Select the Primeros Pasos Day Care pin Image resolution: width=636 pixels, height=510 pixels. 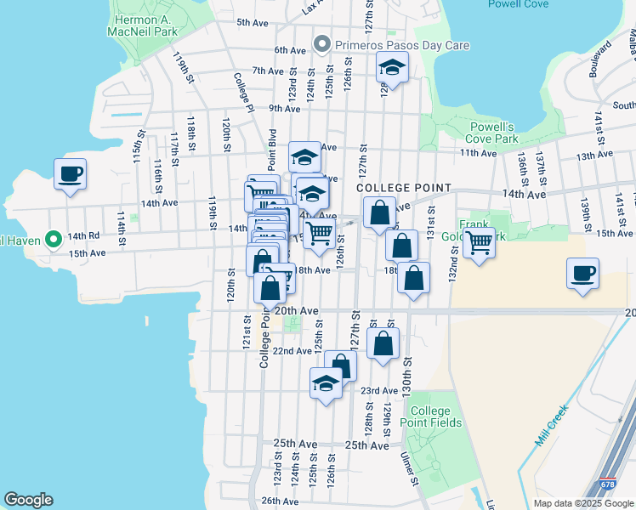tap(322, 43)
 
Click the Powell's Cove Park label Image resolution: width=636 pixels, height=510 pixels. tap(494, 133)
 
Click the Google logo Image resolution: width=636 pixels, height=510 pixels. tap(28, 500)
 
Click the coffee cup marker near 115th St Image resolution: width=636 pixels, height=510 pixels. tap(70, 173)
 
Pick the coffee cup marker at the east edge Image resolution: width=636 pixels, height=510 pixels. tap(582, 273)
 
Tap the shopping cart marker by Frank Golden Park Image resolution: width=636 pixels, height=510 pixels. tap(480, 242)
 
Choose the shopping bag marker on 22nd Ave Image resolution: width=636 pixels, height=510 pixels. tap(384, 343)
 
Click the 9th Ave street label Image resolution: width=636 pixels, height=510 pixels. tap(285, 108)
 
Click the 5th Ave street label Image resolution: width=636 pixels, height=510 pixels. tap(253, 23)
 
